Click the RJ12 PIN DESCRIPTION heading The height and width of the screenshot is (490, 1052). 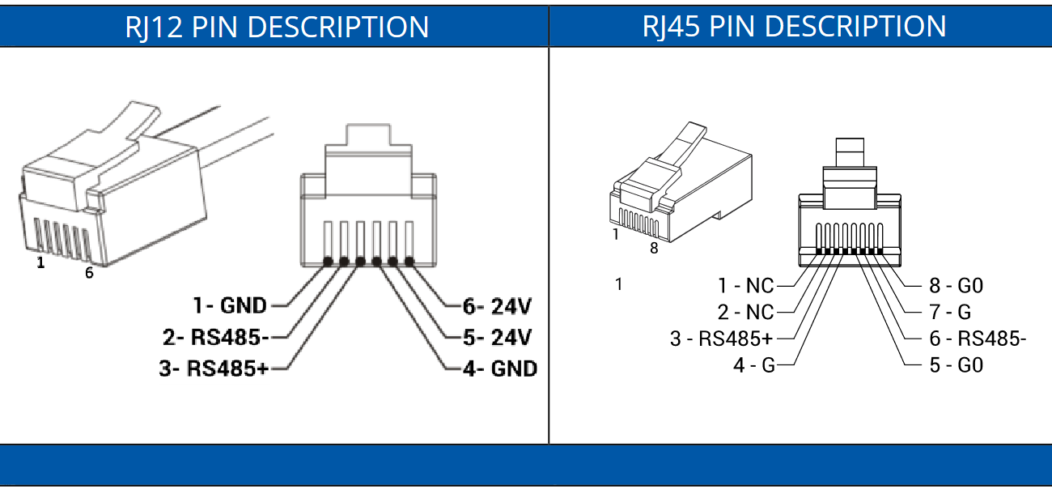point(277,27)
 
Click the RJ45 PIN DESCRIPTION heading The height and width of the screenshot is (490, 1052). point(794,27)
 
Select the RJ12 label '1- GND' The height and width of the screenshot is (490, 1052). point(230,305)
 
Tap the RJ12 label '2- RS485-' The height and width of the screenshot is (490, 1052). point(216,337)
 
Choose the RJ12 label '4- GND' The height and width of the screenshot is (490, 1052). point(500,369)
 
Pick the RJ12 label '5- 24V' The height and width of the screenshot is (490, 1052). point(497,337)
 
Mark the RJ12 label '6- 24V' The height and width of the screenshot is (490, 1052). point(497,307)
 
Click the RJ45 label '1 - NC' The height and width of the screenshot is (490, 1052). point(745,286)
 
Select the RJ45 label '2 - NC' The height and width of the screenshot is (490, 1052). point(745,313)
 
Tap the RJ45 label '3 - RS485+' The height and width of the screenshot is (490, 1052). point(721,339)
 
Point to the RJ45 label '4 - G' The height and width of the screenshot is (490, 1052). point(754,365)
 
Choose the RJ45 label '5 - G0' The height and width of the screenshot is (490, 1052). point(956,365)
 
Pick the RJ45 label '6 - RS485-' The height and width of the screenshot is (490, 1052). point(978,339)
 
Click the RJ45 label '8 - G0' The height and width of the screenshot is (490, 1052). point(956,286)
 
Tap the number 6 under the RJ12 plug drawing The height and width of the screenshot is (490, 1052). point(89,273)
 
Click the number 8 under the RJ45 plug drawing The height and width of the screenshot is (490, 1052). point(654,248)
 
